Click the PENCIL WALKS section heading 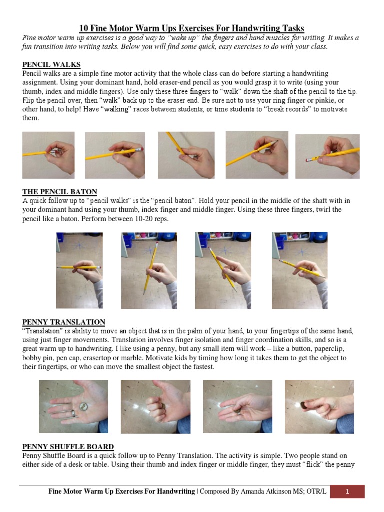point(51,65)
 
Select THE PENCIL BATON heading point(60,192)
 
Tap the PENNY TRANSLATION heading point(64,322)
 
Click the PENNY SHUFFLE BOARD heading point(68,447)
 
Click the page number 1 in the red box point(347,492)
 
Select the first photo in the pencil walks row point(48,155)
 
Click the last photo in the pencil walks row point(327,156)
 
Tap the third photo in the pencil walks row point(186,154)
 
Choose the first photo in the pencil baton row point(79,270)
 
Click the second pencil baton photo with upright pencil point(149,270)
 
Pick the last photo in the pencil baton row point(299,270)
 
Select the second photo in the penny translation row point(155,406)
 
